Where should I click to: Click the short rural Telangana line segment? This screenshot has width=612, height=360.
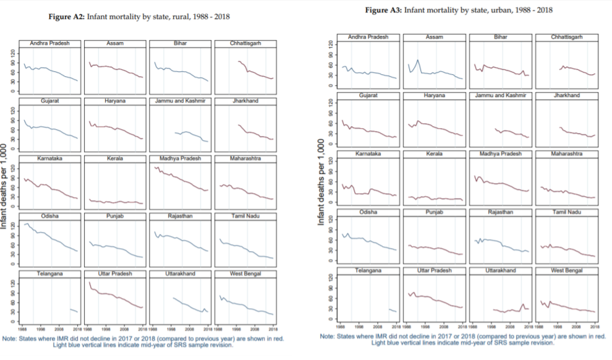74,311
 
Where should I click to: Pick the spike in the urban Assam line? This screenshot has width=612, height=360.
418,61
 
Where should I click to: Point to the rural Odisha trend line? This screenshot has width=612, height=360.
49,237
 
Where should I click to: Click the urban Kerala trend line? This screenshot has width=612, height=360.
435,199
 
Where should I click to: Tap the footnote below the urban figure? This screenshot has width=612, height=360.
462,339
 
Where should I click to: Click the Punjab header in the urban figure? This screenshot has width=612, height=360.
435,212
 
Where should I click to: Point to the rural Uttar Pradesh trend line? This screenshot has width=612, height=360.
114,296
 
